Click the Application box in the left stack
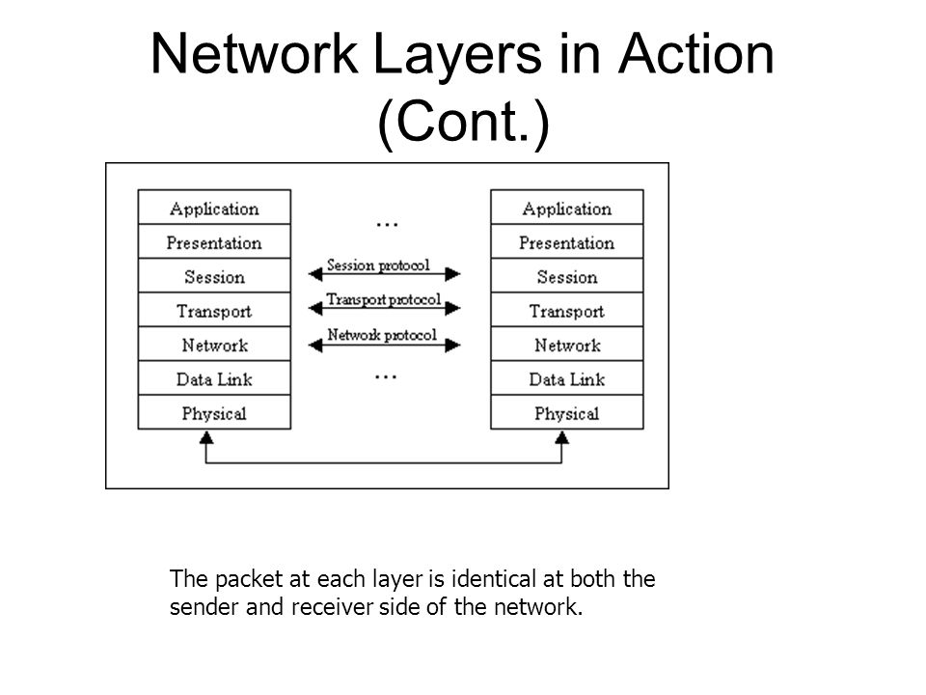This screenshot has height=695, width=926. (x=214, y=207)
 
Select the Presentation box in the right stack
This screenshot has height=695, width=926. (x=567, y=241)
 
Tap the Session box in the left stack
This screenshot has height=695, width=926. (x=214, y=275)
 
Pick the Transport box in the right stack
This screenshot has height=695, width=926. (x=567, y=310)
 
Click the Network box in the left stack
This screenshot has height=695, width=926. (x=214, y=344)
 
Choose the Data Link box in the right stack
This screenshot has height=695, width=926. (x=567, y=378)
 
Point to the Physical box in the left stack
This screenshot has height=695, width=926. (x=214, y=412)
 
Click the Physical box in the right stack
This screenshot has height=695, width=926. (x=567, y=412)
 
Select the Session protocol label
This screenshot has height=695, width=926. (x=378, y=265)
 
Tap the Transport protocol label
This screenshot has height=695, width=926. (x=384, y=299)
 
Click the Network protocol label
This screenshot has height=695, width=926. (x=382, y=335)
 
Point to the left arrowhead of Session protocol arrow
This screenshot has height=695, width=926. (x=315, y=274)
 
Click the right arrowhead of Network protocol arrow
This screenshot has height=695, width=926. (x=453, y=346)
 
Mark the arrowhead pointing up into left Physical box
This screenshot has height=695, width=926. (x=206, y=437)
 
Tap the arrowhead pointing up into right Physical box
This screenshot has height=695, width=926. (x=561, y=437)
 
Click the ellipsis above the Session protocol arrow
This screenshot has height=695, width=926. (x=387, y=225)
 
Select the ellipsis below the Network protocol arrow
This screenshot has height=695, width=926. (x=386, y=376)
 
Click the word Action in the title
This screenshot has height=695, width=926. (x=695, y=54)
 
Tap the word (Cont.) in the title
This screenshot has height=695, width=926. (x=464, y=122)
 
